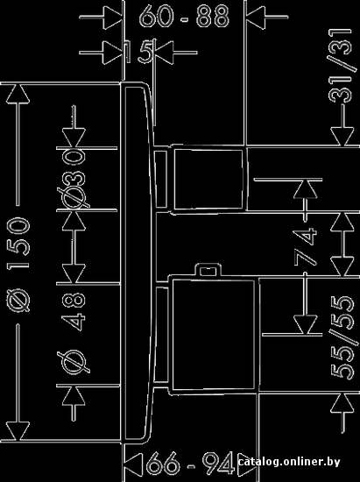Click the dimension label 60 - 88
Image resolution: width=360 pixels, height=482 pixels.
click(x=185, y=16)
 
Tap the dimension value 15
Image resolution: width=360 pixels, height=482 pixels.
click(x=139, y=52)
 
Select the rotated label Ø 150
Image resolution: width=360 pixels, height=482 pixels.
click(x=19, y=265)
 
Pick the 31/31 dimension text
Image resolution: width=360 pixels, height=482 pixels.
click(x=340, y=66)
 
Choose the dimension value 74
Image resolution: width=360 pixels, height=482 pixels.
click(x=305, y=246)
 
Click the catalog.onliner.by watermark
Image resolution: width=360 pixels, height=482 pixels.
click(x=289, y=462)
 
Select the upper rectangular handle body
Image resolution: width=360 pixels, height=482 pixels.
click(x=210, y=179)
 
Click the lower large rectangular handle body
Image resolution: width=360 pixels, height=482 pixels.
click(x=214, y=335)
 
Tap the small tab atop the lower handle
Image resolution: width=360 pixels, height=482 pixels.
click(x=208, y=270)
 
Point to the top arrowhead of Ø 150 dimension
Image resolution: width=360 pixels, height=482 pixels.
click(x=18, y=94)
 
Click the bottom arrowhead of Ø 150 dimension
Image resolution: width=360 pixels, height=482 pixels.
click(x=18, y=431)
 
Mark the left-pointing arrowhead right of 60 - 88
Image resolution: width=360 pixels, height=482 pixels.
click(x=256, y=18)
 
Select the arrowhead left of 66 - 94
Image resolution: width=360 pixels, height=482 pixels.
click(x=134, y=464)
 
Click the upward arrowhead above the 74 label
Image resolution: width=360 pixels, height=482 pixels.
click(x=306, y=188)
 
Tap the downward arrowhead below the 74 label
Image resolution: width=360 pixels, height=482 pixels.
click(x=305, y=324)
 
